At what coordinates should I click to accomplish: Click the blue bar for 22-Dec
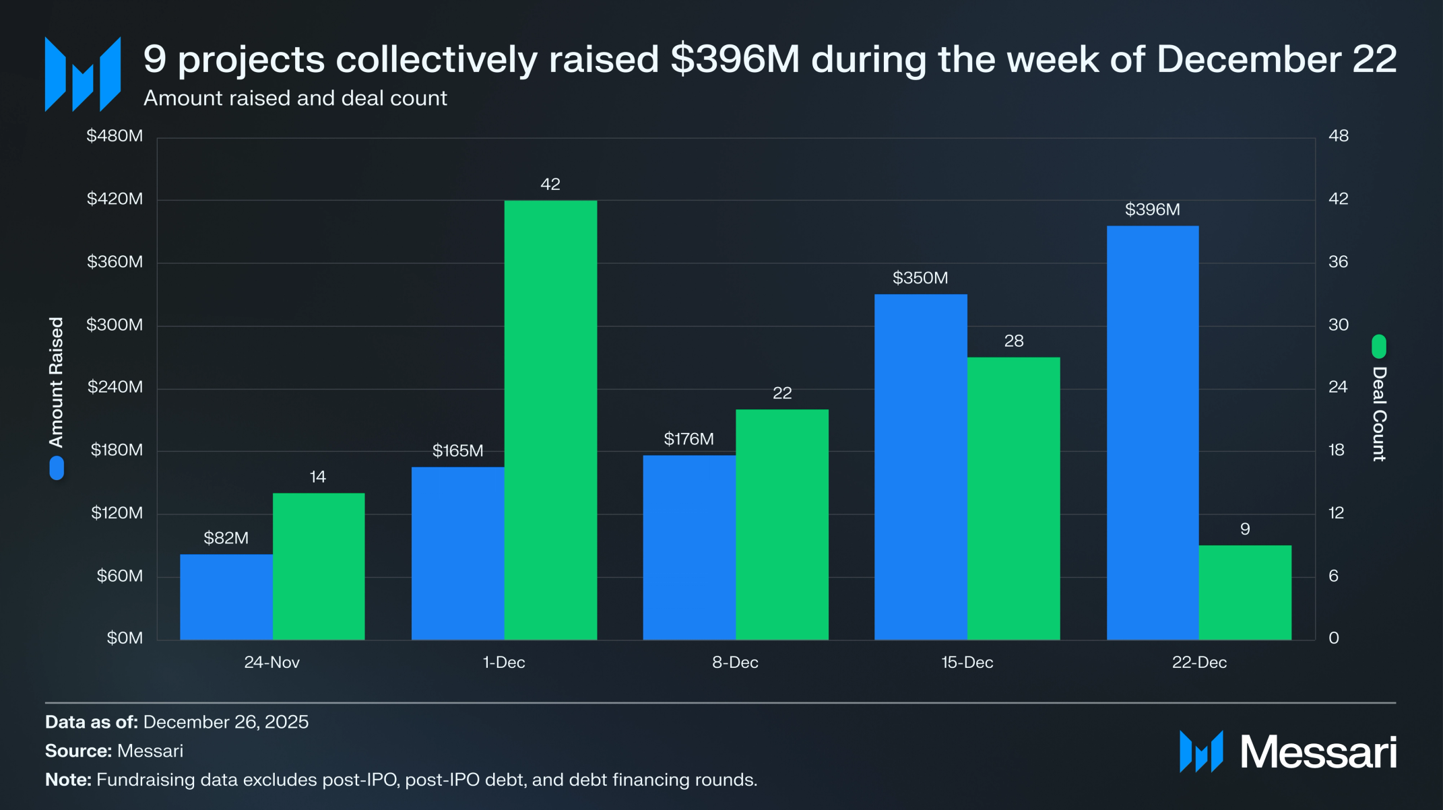pos(1152,432)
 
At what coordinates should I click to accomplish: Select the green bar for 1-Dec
pos(550,419)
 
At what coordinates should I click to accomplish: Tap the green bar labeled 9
pos(1245,593)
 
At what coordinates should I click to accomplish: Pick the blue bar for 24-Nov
pos(226,597)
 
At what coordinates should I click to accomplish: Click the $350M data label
pos(920,278)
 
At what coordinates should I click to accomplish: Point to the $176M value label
pos(688,439)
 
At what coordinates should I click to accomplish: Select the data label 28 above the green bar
pos(1013,341)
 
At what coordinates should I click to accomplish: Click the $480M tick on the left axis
pos(115,136)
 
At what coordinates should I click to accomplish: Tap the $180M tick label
pos(117,450)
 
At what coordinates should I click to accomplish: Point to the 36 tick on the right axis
pos(1338,262)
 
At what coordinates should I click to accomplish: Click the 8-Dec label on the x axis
pos(735,663)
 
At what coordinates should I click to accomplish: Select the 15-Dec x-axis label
pos(967,663)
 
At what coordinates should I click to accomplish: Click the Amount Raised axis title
pos(57,382)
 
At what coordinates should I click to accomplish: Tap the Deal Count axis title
pos(1379,413)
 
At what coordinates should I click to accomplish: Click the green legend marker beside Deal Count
pos(1379,346)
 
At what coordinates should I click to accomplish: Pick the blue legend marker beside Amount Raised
pos(57,468)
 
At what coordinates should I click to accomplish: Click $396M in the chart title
pos(735,59)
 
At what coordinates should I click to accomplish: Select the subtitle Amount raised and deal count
pos(295,98)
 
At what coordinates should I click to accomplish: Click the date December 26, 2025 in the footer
pos(226,722)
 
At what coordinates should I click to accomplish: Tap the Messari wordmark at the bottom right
pos(1318,752)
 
